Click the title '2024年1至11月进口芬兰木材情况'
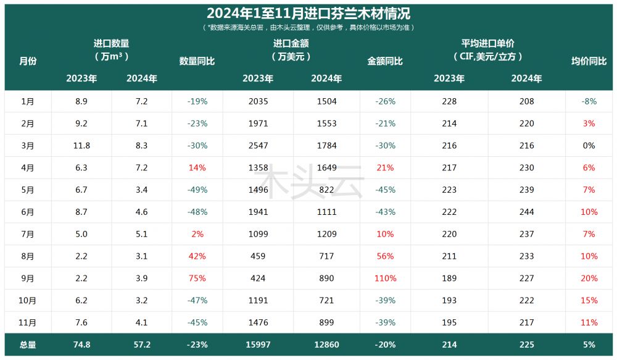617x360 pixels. (x=308, y=13)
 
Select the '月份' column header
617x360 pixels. (x=28, y=61)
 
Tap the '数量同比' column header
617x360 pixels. (x=197, y=61)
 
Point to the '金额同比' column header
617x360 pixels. (x=385, y=61)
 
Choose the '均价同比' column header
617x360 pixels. (x=589, y=61)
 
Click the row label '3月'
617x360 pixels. (x=28, y=146)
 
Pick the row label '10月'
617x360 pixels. (x=28, y=301)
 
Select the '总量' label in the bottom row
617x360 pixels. (x=28, y=345)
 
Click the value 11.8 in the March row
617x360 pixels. (x=82, y=146)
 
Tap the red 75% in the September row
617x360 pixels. (x=197, y=278)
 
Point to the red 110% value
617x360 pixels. (x=385, y=278)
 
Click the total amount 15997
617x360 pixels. (x=257, y=345)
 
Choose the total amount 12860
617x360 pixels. (x=326, y=345)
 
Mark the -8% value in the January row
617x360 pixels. (x=589, y=101)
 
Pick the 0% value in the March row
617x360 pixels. (x=589, y=146)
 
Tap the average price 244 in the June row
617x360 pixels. (x=526, y=212)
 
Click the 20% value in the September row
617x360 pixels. (x=589, y=278)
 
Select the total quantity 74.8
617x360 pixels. (x=82, y=345)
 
